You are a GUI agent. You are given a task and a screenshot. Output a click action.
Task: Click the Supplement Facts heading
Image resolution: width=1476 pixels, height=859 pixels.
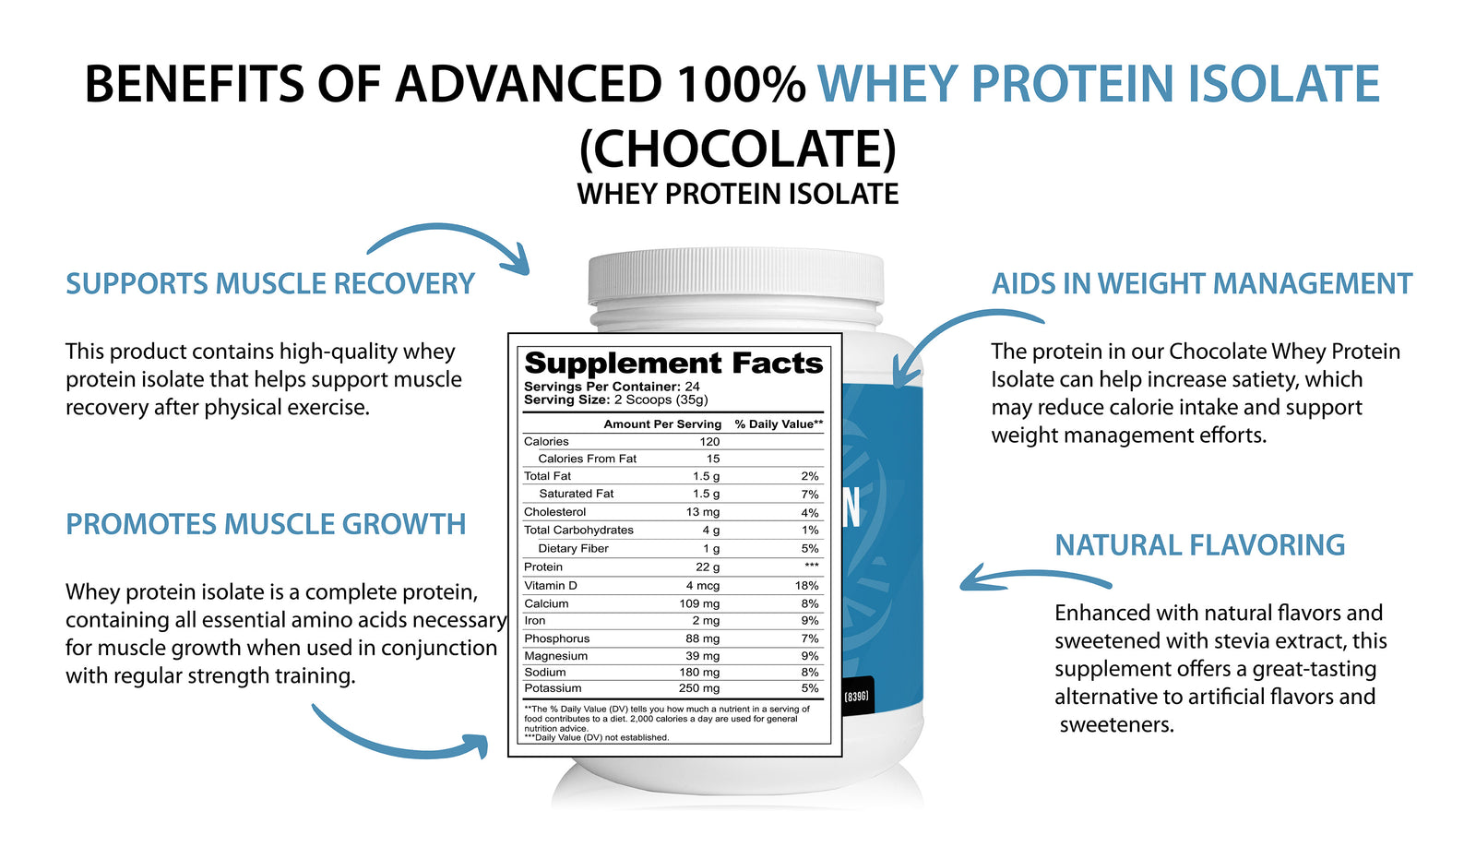click(673, 364)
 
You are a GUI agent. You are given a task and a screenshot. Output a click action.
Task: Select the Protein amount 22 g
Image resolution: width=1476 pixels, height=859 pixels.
click(707, 567)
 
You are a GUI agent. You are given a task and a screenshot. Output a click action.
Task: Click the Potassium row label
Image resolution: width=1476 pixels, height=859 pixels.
click(553, 688)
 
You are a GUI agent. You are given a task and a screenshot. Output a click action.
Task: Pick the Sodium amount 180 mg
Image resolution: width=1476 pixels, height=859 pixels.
click(699, 673)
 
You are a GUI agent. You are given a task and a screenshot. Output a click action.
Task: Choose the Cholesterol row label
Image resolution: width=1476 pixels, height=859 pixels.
click(554, 512)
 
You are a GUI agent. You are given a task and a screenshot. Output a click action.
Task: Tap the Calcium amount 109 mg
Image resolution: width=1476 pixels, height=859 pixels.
click(699, 603)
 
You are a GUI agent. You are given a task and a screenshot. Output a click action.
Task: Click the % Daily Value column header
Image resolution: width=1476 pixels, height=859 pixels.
click(779, 424)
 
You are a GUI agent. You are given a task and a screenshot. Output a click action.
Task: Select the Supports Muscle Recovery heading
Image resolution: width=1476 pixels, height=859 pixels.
click(270, 283)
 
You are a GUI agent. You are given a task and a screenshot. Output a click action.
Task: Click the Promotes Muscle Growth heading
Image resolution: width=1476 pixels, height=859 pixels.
click(266, 524)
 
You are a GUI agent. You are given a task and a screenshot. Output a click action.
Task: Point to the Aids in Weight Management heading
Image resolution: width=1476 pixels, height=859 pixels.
click(1202, 283)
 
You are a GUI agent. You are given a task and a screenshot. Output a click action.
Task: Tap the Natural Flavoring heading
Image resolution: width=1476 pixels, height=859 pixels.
click(1200, 545)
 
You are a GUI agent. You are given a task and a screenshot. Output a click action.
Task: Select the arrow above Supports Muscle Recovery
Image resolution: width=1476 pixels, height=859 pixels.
click(455, 231)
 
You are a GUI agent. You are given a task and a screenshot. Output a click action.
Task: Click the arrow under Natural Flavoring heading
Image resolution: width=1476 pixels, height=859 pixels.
click(1034, 576)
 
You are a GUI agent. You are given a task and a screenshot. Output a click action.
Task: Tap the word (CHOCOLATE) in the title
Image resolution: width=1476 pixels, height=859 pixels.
click(738, 148)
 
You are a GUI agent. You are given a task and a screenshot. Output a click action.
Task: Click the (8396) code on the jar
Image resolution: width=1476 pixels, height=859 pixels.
click(856, 697)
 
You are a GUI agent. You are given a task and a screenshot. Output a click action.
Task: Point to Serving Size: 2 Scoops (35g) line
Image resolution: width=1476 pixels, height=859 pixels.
click(616, 400)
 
